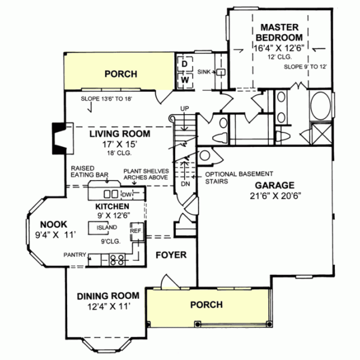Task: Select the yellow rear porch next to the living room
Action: (120, 74)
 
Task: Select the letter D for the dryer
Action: (185, 63)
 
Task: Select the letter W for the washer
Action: (185, 79)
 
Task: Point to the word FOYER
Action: (171, 255)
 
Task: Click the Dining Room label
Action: (108, 296)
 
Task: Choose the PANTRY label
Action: (76, 254)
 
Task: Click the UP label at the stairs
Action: (185, 109)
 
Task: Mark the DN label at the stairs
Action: (185, 184)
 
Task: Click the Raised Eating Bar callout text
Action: (89, 172)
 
